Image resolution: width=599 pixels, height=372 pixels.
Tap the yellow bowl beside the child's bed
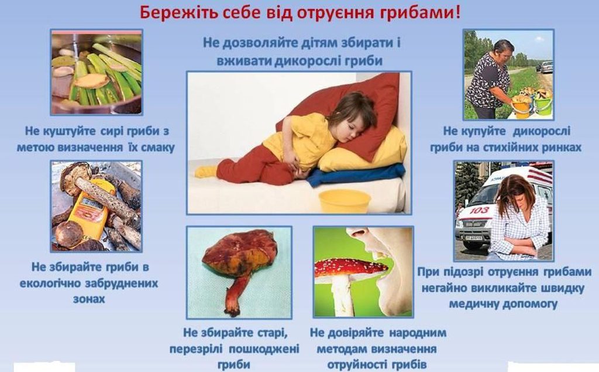(345, 201)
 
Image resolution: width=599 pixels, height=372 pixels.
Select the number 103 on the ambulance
(479, 210)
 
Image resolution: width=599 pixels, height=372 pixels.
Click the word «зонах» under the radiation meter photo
(89, 299)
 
